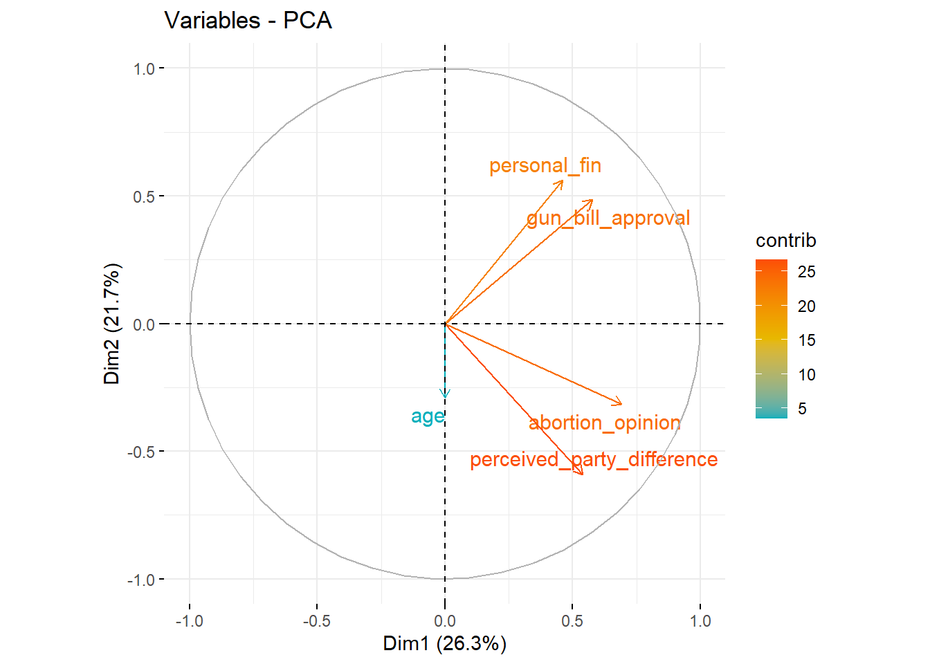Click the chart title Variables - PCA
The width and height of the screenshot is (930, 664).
coord(248,21)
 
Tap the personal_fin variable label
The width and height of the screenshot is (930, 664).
coord(545,166)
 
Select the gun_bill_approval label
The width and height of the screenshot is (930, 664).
coord(608,219)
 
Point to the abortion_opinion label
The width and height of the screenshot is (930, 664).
coord(604,423)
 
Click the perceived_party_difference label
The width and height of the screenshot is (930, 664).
coord(593,460)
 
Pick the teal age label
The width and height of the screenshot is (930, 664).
coord(428,416)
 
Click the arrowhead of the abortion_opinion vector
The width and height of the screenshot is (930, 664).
coord(621,404)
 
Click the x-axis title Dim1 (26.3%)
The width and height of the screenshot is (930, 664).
coord(444,644)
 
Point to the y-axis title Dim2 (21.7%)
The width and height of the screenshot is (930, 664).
coord(112,324)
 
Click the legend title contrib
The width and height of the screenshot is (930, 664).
coord(785,241)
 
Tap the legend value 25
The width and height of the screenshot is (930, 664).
coord(806,272)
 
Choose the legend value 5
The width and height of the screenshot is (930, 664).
coord(802,409)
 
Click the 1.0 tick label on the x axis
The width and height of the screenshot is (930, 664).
coord(700,621)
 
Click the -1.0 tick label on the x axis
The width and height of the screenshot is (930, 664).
coord(189,621)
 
